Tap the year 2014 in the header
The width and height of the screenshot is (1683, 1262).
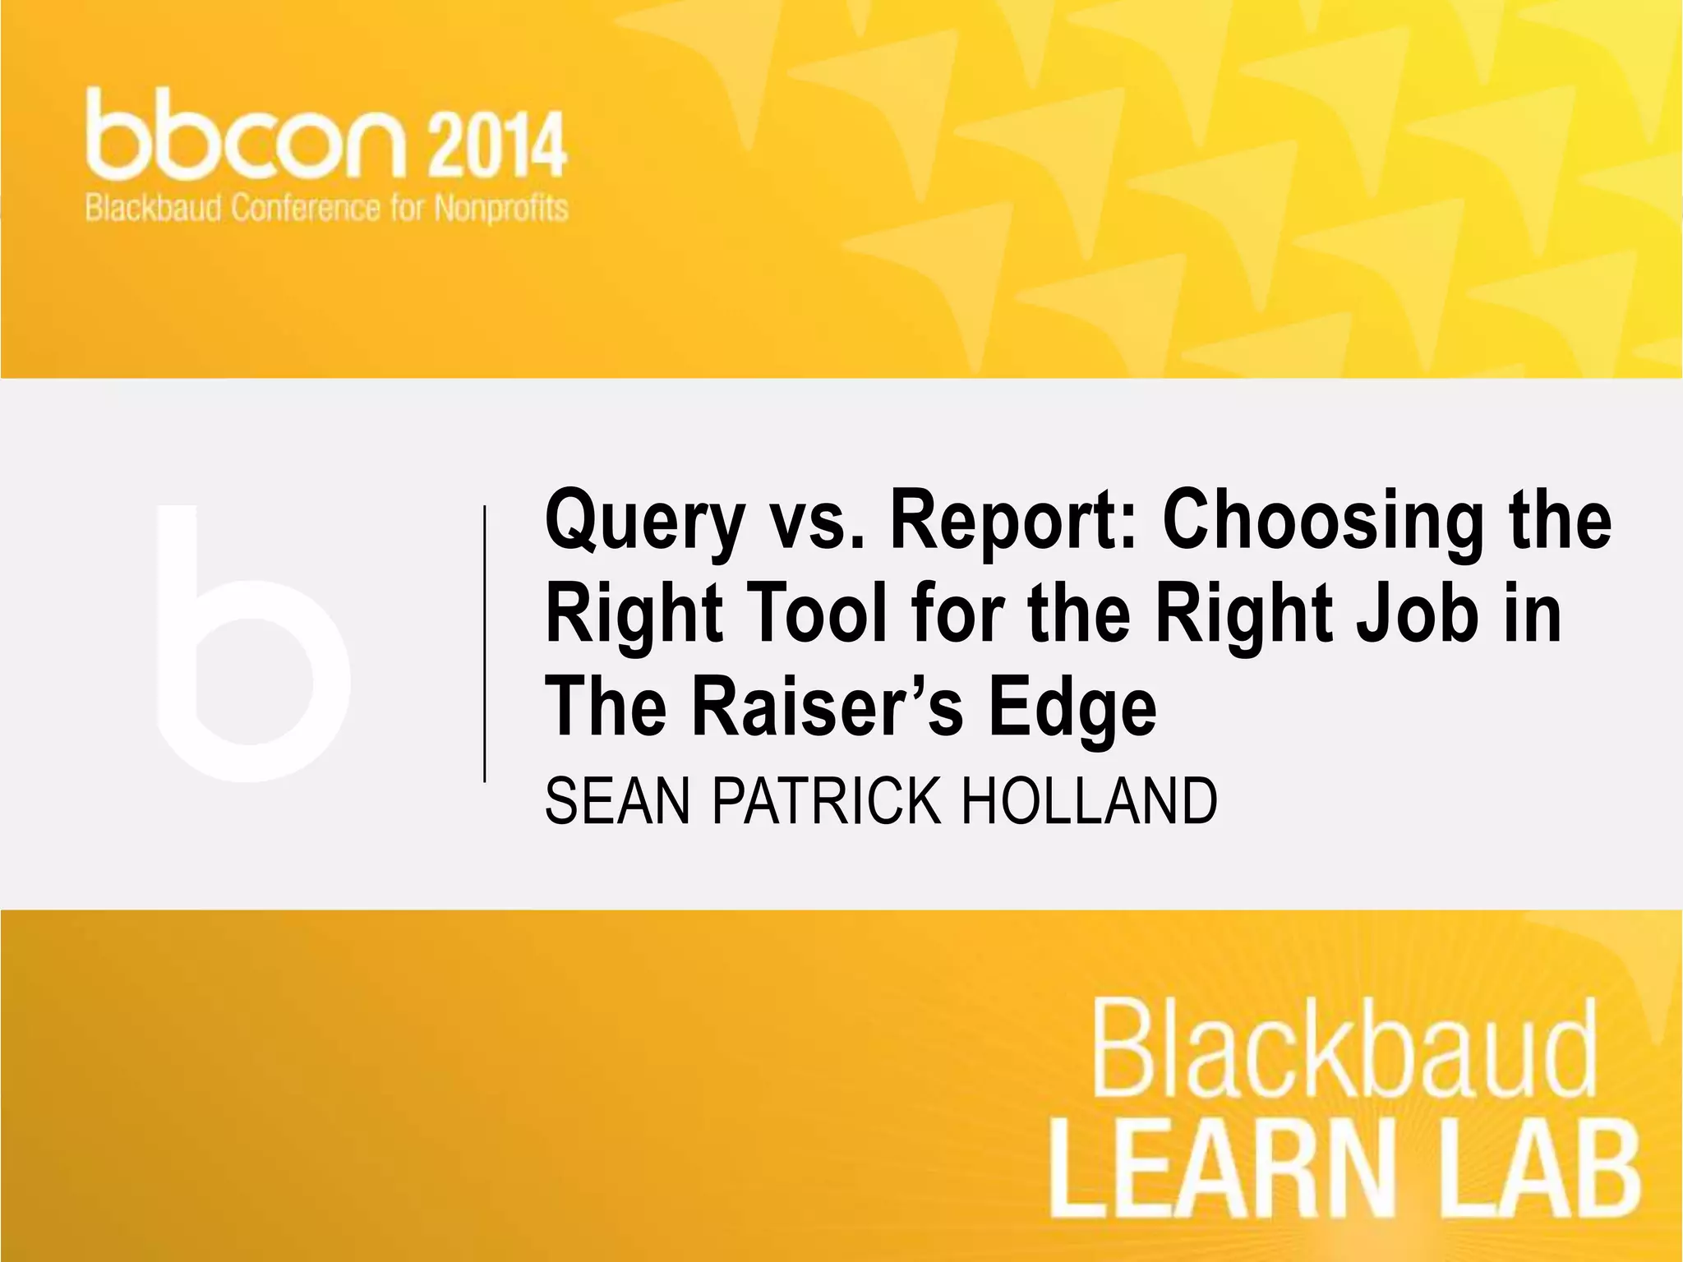(496, 146)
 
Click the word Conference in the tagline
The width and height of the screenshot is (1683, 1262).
(305, 209)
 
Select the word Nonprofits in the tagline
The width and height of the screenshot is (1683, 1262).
(500, 209)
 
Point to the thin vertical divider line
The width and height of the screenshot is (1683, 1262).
(485, 643)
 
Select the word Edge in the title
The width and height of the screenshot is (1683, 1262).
(1072, 708)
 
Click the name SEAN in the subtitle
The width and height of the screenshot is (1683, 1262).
(617, 801)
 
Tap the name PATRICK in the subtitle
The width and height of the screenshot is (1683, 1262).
(826, 801)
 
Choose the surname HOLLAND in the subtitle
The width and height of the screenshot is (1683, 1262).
(1089, 801)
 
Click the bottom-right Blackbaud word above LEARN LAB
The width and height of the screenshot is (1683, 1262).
(1344, 1049)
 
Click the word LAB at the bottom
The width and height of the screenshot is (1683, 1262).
(1544, 1167)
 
